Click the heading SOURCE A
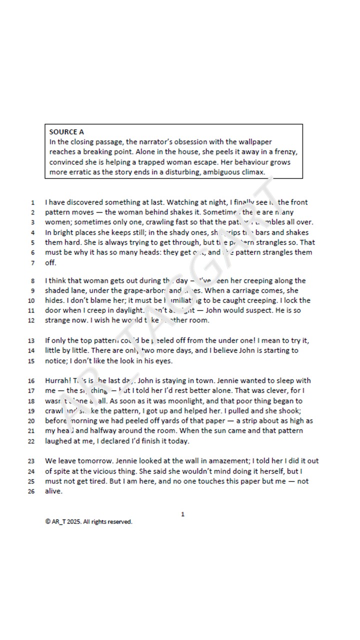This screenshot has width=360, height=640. point(66,132)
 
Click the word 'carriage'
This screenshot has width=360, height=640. point(248,290)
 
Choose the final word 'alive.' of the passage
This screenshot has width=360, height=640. point(53,491)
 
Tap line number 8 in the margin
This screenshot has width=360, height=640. point(32,280)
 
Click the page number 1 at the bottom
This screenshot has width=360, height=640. point(182,514)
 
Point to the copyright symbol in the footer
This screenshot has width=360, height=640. point(47,522)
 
